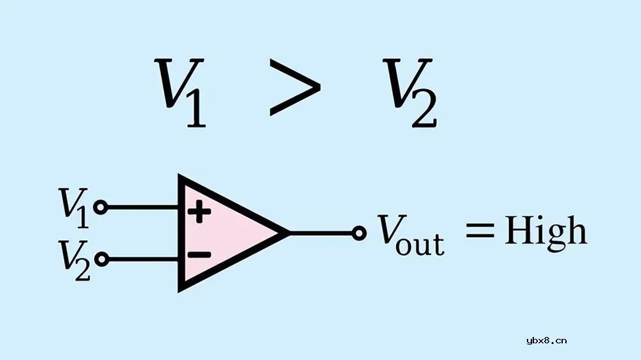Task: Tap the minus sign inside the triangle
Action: click(199, 254)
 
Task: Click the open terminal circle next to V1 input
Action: click(100, 207)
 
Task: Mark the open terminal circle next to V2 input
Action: click(100, 259)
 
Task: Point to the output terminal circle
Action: click(360, 233)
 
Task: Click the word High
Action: click(545, 231)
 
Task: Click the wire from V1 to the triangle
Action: click(141, 207)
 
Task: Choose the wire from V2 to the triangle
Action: click(141, 259)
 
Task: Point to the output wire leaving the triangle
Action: click(320, 233)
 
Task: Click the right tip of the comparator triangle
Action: click(285, 233)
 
